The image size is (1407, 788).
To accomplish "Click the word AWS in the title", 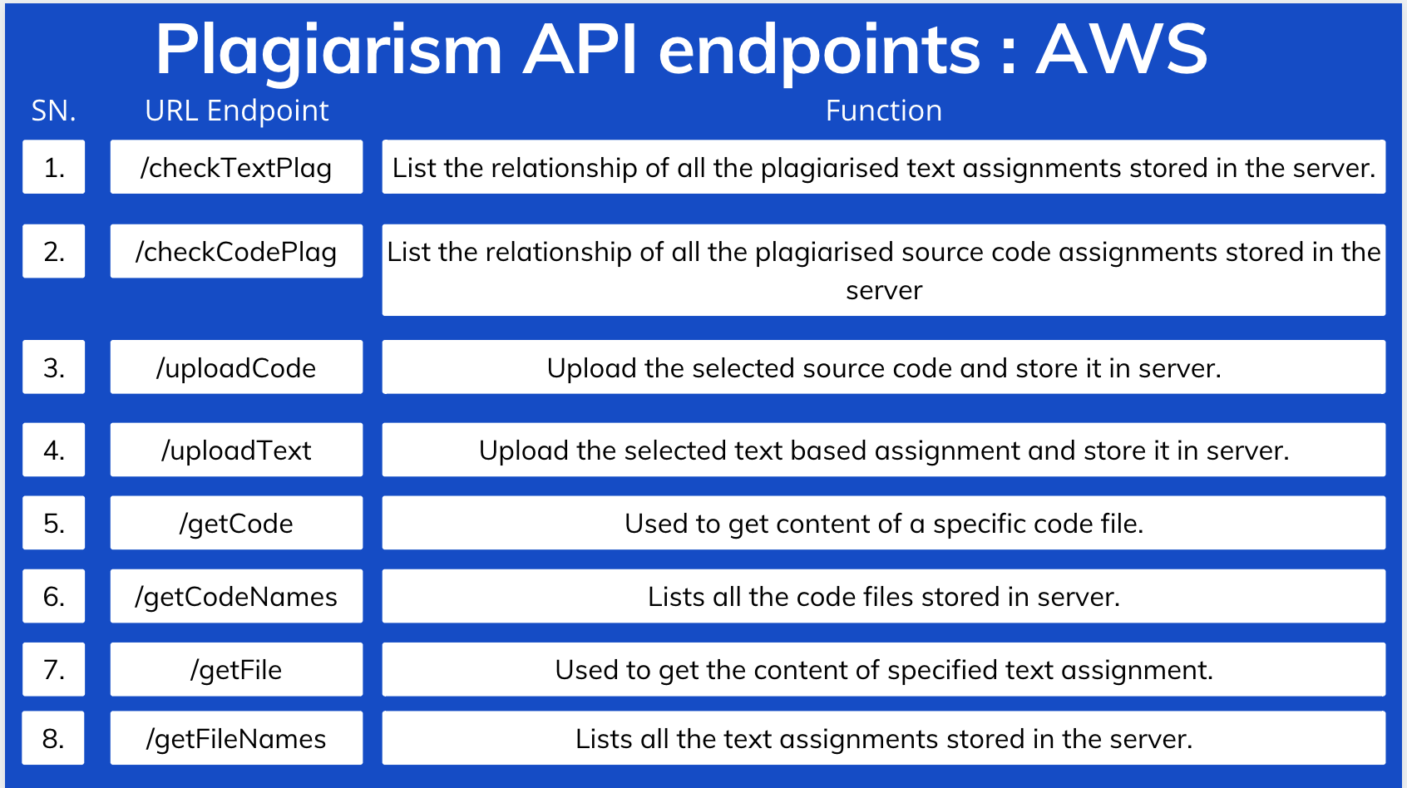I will [1122, 50].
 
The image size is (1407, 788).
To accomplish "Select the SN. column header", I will [53, 111].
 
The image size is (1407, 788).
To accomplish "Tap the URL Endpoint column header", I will [237, 111].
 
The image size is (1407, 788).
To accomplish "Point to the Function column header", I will [883, 111].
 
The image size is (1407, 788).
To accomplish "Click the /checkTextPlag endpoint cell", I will [236, 167].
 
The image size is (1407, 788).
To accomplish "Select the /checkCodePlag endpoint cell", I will [236, 251].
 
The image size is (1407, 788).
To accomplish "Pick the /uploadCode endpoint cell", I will [236, 367].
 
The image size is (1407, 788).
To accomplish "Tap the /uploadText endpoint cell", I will [236, 450].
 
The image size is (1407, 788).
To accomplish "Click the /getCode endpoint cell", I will [236, 523].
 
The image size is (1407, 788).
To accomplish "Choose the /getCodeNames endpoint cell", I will [236, 596].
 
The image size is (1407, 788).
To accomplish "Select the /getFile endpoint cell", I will [236, 669].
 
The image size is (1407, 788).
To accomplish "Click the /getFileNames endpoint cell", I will [236, 738].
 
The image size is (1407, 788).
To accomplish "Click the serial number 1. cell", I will [53, 167].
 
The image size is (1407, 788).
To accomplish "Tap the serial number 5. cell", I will [53, 523].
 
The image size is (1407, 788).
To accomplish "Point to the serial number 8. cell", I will [53, 738].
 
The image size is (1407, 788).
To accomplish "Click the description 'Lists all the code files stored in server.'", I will [883, 596].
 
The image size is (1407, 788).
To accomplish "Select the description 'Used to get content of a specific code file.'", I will [883, 523].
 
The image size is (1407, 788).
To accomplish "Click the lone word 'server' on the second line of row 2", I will [883, 291].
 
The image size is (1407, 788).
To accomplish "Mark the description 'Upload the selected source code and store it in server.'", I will [883, 367].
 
